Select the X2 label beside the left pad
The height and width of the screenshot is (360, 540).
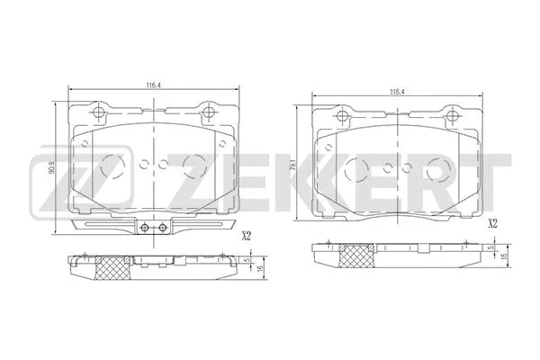tap(245, 238)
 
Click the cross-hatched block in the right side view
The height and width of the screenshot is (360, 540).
tap(355, 256)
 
